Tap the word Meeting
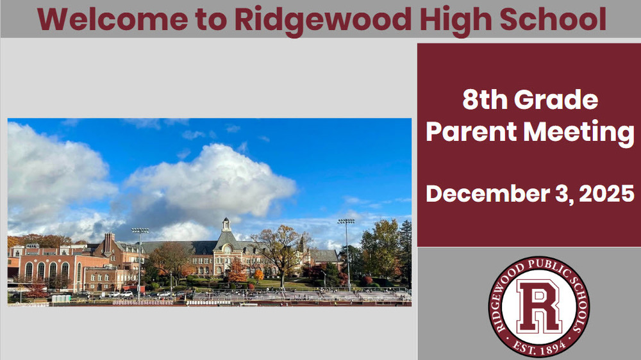click(579, 132)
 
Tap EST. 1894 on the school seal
click(539, 347)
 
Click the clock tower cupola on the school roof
click(226, 225)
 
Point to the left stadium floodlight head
click(140, 231)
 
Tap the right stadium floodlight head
click(346, 221)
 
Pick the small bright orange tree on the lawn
click(259, 275)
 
